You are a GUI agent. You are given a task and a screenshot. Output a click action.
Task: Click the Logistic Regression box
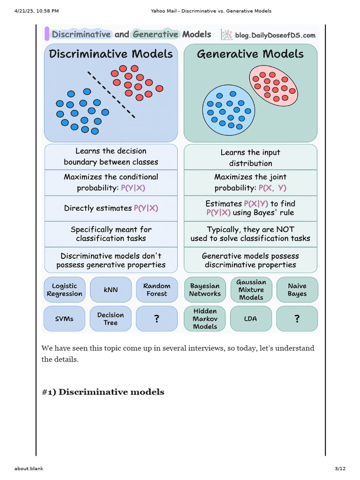64,290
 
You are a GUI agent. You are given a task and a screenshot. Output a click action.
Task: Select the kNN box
111,290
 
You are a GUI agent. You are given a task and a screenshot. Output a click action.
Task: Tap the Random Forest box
157,290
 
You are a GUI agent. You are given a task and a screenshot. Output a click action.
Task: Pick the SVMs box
64,319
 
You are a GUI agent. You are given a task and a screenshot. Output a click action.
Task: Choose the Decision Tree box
111,319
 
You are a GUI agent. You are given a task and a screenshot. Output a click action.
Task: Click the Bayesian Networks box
205,290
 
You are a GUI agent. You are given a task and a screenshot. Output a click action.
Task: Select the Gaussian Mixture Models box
251,290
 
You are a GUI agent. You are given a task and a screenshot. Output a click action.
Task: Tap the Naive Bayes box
297,290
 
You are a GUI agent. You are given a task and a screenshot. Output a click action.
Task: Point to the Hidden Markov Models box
205,319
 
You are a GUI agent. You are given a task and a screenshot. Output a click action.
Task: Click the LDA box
251,319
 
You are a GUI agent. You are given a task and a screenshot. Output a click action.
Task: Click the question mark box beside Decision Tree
157,319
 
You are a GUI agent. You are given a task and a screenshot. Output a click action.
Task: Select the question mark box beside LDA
297,319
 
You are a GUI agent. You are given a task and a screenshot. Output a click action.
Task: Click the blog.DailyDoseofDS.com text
275,35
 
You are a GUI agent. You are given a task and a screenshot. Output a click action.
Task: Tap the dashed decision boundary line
111,94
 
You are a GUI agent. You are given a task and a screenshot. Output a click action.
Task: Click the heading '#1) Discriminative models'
103,392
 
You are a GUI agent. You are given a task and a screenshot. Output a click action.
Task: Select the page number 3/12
340,469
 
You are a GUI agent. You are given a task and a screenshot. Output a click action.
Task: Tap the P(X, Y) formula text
272,188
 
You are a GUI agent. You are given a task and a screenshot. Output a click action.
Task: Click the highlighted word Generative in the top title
155,34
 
